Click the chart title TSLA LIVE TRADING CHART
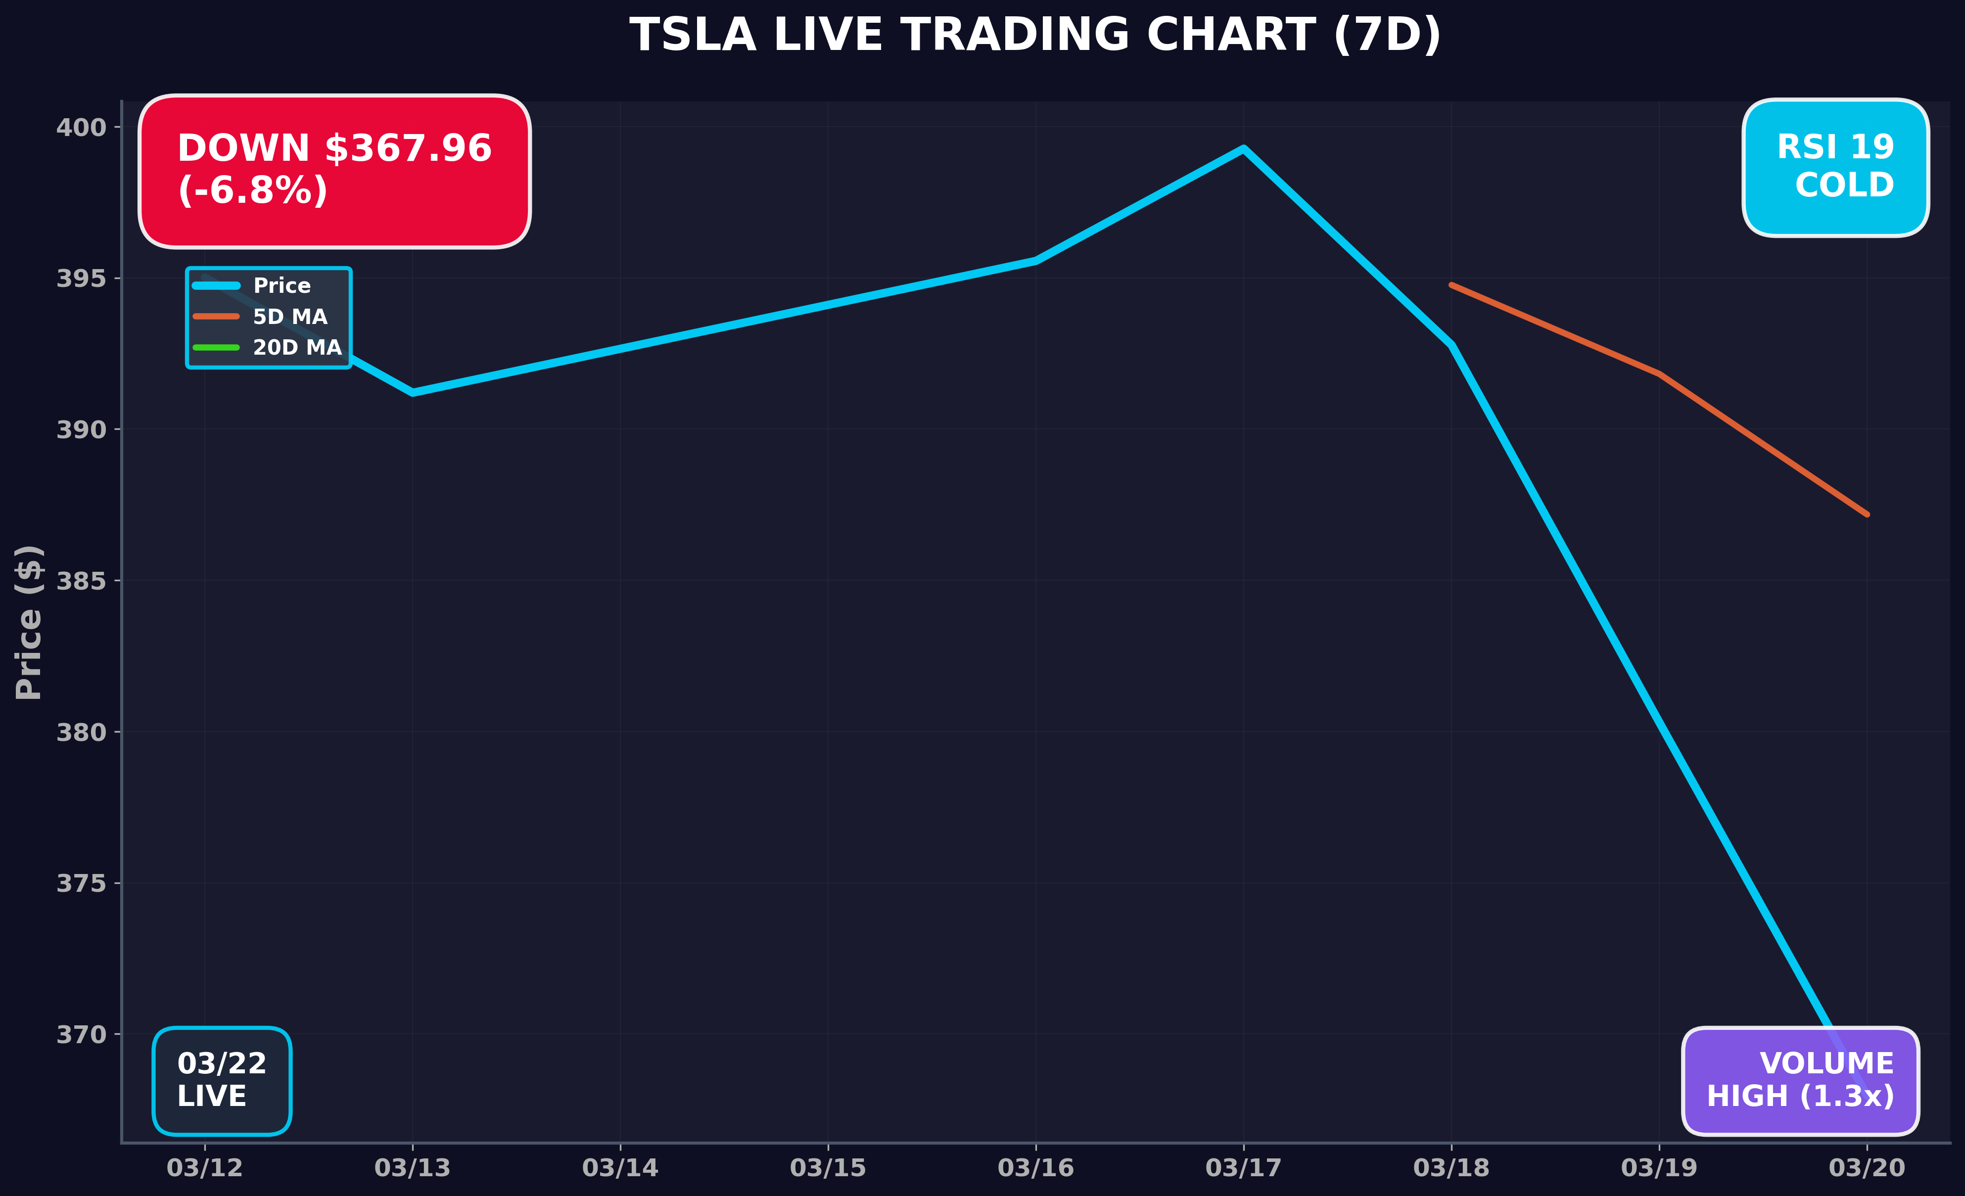point(1035,36)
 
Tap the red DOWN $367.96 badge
point(334,171)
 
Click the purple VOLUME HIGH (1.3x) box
point(1800,1080)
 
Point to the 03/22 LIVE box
point(222,1080)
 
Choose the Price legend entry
point(281,285)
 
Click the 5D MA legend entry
point(289,317)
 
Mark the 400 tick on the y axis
point(81,128)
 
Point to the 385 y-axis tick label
point(81,581)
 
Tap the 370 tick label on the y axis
point(81,1035)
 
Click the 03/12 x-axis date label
point(204,1168)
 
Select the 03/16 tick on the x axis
point(1035,1168)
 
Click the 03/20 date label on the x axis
point(1866,1168)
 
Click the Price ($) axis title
point(29,622)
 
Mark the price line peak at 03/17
point(1243,149)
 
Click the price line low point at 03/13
point(412,392)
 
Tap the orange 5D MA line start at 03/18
point(1451,284)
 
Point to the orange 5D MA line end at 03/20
point(1866,514)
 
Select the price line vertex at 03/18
point(1451,345)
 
